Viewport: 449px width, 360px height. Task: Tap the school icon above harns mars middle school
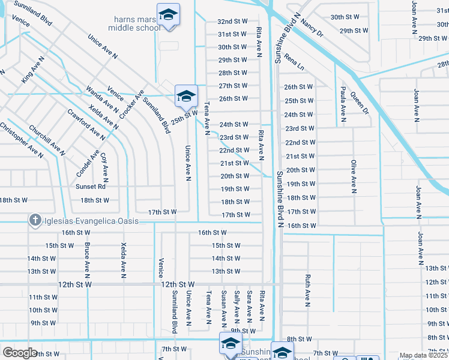168,14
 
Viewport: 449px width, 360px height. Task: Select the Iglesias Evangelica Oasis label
91,221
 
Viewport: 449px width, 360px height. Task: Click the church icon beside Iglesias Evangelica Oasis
35,221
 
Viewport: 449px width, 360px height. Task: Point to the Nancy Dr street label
312,28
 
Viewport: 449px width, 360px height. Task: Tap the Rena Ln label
295,61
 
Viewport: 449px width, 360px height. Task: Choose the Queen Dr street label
360,102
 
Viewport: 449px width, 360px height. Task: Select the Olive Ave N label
354,176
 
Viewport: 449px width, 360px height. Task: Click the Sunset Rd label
91,187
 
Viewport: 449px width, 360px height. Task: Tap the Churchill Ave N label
46,140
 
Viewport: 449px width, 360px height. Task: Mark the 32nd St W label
232,21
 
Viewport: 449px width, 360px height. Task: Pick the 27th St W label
234,86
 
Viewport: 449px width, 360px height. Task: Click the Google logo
20,353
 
